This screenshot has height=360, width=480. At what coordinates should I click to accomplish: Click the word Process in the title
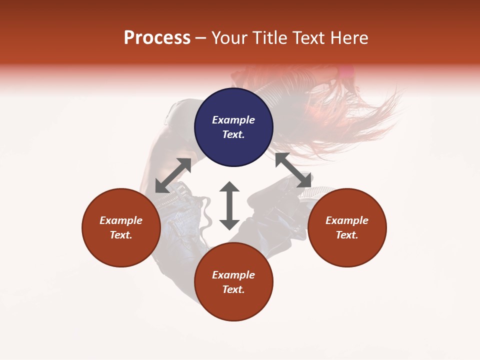(x=157, y=38)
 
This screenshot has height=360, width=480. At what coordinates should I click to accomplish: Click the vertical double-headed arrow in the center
(x=229, y=205)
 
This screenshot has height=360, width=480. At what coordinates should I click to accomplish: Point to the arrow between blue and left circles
(x=173, y=175)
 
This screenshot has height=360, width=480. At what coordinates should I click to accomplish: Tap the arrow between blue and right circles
(x=293, y=170)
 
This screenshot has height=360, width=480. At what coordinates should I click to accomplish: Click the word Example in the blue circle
(x=233, y=120)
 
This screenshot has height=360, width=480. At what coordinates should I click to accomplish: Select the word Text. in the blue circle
(x=233, y=134)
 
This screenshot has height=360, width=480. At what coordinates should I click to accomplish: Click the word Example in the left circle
(x=121, y=220)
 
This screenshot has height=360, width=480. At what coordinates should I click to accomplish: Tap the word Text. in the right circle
(x=347, y=235)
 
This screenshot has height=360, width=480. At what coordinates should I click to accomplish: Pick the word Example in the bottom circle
(x=233, y=275)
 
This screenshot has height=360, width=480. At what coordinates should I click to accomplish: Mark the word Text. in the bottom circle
(x=233, y=289)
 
